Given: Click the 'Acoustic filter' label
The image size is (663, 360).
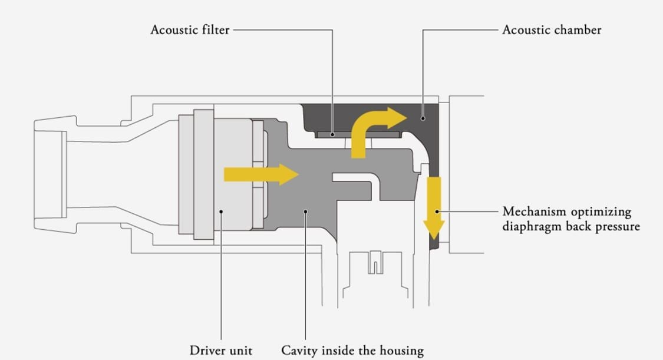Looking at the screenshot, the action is (190, 30).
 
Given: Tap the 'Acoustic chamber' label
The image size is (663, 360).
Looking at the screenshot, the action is (552, 30).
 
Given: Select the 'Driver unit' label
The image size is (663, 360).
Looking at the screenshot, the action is (221, 351).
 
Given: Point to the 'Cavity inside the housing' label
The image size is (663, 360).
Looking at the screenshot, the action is (352, 351).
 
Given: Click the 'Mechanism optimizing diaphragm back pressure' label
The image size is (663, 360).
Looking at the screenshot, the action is (571, 219).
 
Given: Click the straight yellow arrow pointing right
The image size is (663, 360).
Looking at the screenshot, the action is (261, 174).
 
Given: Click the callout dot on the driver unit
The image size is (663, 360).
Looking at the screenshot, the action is (221, 212).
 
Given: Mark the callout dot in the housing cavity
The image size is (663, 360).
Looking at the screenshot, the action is (305, 212).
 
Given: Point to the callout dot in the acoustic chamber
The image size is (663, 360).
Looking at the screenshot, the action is (423, 119).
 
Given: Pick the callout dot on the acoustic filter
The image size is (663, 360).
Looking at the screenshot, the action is (332, 135).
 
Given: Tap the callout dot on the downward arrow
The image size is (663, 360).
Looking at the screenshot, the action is (437, 212).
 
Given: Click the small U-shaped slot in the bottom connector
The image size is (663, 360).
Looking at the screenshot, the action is (375, 262).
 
